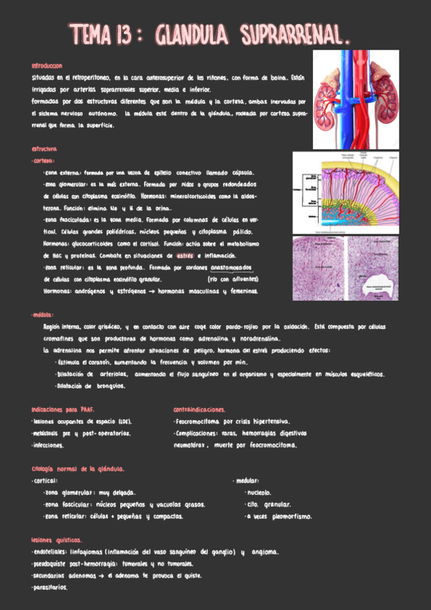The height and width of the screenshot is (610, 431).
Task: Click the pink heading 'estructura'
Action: coord(35,150)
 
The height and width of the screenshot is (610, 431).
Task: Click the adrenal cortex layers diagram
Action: coord(353,192)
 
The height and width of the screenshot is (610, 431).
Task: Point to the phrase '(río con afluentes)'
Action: coord(230,278)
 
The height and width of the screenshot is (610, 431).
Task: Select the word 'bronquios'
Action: coord(109,386)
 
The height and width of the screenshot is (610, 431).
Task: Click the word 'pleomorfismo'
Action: coord(291,516)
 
